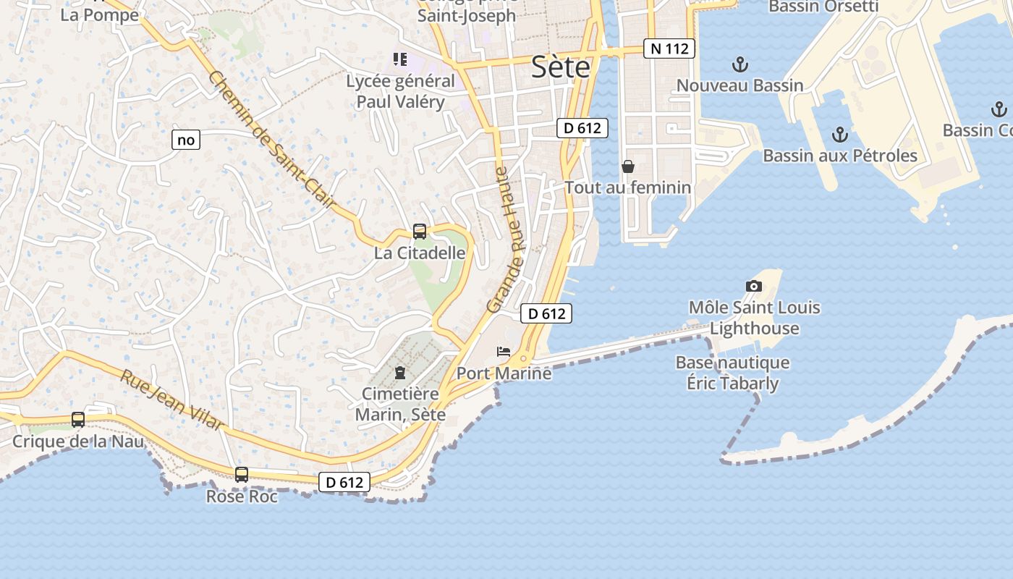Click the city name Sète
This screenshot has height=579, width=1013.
pyautogui.click(x=560, y=67)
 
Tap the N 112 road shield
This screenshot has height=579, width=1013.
pyautogui.click(x=669, y=48)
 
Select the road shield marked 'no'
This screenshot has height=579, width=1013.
pyautogui.click(x=186, y=140)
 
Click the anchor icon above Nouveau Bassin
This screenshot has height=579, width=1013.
pyautogui.click(x=739, y=65)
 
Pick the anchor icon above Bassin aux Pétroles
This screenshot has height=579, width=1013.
pyautogui.click(x=839, y=135)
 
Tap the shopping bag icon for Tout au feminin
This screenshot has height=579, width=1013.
pyautogui.click(x=628, y=166)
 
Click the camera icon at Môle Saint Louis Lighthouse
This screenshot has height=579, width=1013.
pyautogui.click(x=754, y=286)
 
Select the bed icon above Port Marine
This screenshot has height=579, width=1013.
pyautogui.click(x=504, y=352)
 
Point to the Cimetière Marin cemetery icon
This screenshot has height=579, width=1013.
pyautogui.click(x=399, y=373)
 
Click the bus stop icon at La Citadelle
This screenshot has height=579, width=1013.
pyautogui.click(x=420, y=232)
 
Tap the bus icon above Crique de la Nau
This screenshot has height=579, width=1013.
pyautogui.click(x=78, y=419)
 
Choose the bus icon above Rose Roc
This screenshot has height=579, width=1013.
pyautogui.click(x=242, y=475)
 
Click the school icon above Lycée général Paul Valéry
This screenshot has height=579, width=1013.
pyautogui.click(x=400, y=59)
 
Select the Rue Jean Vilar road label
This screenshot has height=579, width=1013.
pyautogui.click(x=171, y=400)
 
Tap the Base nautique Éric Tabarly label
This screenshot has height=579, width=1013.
pyautogui.click(x=732, y=372)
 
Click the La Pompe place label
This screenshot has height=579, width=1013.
pyautogui.click(x=99, y=14)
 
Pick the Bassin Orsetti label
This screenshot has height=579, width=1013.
pyautogui.click(x=823, y=7)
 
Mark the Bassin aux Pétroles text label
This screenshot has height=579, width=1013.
pyautogui.click(x=840, y=156)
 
